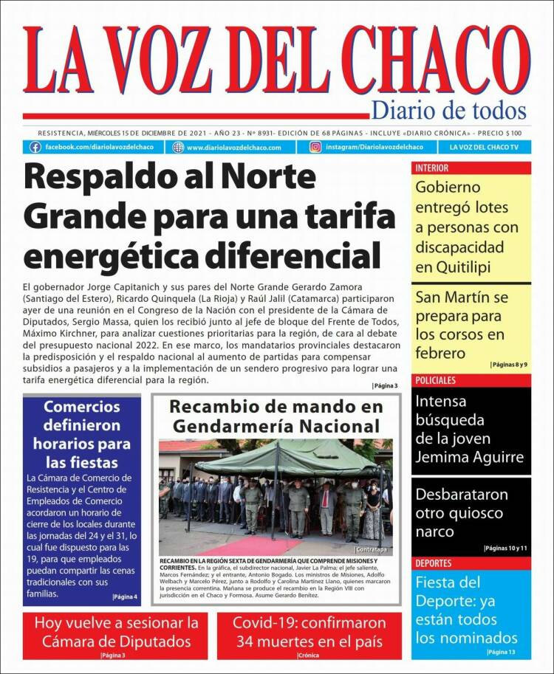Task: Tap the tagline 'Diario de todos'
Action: tap(448, 111)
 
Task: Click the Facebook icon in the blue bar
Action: tap(35, 147)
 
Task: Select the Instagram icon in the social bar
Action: tap(315, 147)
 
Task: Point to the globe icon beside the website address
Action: tap(177, 147)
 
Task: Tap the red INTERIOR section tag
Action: tap(431, 168)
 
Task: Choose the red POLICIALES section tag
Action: tap(435, 380)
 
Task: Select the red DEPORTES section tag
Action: tap(434, 563)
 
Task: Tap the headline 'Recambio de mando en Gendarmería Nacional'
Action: tap(276, 416)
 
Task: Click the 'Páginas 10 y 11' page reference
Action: tap(505, 548)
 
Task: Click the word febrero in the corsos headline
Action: tap(441, 353)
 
